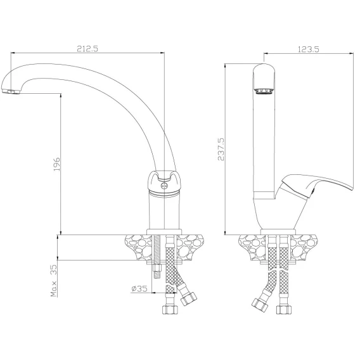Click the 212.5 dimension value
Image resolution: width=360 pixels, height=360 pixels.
[x=87, y=49]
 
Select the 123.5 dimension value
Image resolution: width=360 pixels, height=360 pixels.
[x=308, y=49]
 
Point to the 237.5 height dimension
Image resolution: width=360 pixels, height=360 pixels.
[x=221, y=149]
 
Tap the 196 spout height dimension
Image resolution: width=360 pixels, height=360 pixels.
[x=56, y=164]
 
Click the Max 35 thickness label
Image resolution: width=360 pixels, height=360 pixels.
[x=53, y=281]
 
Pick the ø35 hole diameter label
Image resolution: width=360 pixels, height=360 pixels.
[x=139, y=288]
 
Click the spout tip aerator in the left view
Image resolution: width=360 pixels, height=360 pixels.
[x=11, y=92]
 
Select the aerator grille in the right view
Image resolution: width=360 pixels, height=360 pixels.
[x=264, y=91]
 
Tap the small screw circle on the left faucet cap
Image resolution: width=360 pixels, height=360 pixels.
[x=164, y=186]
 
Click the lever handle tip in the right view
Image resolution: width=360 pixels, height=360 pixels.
[x=351, y=189]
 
